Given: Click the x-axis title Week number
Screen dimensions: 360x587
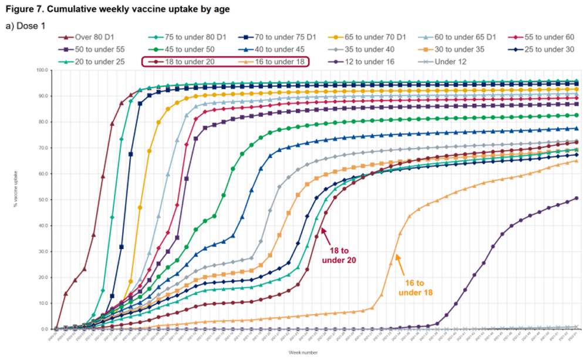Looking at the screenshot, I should [x=303, y=352].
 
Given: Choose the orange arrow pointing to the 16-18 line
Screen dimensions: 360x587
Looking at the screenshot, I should [x=402, y=264].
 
